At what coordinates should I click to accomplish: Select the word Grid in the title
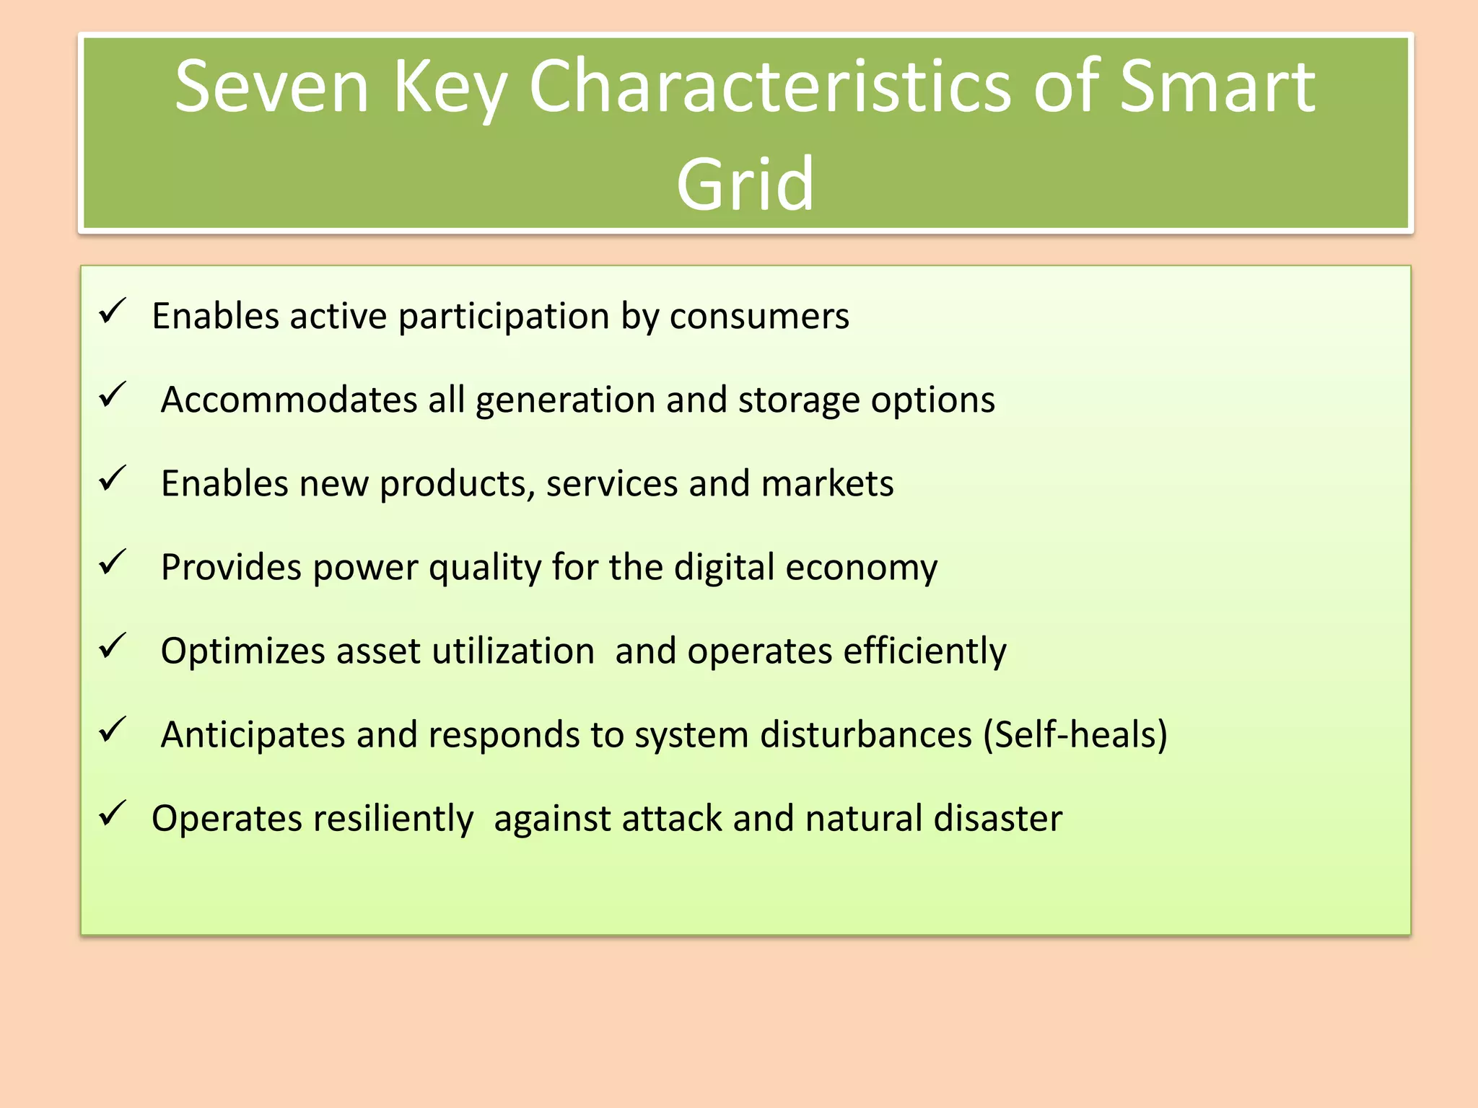pyautogui.click(x=745, y=185)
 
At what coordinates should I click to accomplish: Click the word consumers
pyautogui.click(x=759, y=317)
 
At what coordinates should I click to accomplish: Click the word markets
pyautogui.click(x=827, y=483)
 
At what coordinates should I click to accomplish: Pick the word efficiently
pyautogui.click(x=924, y=651)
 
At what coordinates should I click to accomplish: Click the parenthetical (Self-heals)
pyautogui.click(x=1075, y=734)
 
